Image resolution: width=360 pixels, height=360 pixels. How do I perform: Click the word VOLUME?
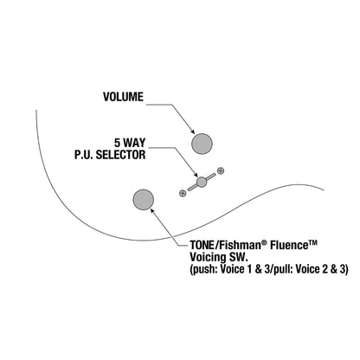point(123,97)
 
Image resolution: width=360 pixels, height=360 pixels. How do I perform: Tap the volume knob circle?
point(202,144)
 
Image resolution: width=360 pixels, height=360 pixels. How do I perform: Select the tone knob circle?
point(144,200)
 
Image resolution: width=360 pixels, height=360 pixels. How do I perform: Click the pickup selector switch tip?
point(202,182)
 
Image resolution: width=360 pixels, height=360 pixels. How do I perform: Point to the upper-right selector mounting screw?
point(221,170)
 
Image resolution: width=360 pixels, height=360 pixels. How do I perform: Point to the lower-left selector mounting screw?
point(183,193)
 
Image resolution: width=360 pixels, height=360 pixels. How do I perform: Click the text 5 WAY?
point(130,143)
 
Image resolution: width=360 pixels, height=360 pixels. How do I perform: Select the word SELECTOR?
point(121,155)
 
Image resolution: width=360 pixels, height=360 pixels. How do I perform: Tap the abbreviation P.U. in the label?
point(84,155)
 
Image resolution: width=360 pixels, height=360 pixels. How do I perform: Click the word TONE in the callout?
point(202,245)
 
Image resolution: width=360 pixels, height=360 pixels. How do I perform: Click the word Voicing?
point(208,257)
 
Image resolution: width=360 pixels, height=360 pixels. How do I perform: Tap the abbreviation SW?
point(239,257)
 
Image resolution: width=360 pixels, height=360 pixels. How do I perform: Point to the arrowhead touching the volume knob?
point(192,132)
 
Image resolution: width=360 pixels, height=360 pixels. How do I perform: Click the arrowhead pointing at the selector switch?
point(196,174)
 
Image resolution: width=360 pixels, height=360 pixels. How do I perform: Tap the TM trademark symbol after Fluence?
point(312,243)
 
